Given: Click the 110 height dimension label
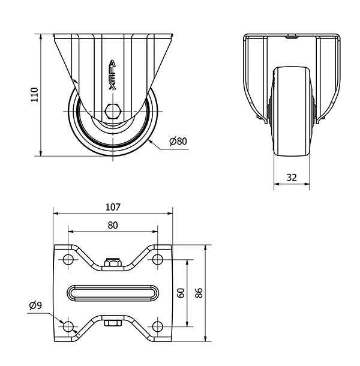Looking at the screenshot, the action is click(35, 95).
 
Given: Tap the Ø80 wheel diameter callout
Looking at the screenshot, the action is click(178, 141).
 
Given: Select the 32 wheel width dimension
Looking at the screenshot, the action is click(292, 178).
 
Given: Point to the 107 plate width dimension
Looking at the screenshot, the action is click(113, 207).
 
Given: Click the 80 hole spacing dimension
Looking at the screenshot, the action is click(113, 225).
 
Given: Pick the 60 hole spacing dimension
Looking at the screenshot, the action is click(181, 293).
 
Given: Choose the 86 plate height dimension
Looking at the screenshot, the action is click(199, 293).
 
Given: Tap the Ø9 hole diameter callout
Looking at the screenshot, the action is click(35, 305).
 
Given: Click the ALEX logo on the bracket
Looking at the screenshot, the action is click(113, 75).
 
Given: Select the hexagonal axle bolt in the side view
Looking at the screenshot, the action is click(113, 111).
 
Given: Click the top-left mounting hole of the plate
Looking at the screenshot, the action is click(68, 259).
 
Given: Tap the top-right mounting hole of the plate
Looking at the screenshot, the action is click(158, 259).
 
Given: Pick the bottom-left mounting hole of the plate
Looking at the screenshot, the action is click(68, 326).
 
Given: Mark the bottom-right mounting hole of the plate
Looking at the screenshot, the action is click(158, 326).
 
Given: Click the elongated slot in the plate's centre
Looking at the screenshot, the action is click(113, 293).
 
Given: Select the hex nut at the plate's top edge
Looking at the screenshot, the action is click(113, 262).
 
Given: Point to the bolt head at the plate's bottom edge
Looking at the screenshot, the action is click(113, 323).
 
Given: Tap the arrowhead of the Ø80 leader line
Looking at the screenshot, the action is click(150, 141).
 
